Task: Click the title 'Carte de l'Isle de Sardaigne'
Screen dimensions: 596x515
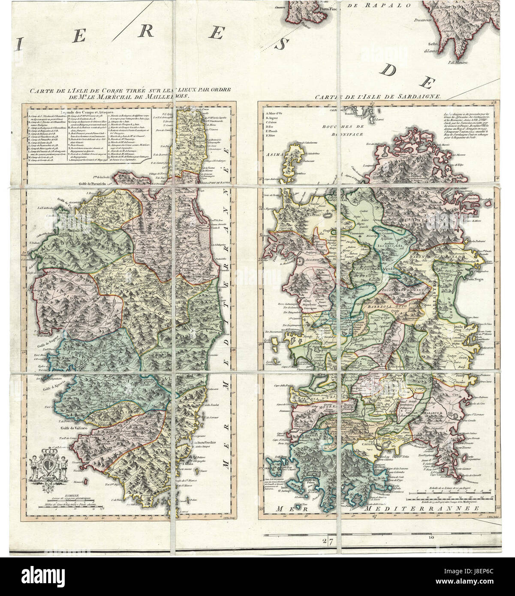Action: tap(377, 97)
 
